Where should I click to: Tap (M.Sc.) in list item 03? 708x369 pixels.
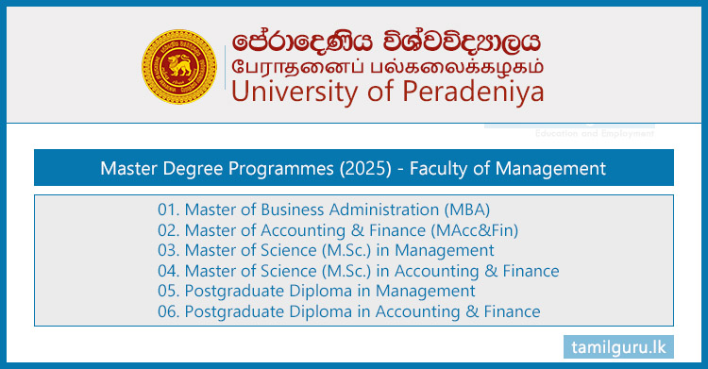[x=325, y=251]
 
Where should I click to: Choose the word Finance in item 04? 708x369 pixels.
[x=529, y=271]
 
